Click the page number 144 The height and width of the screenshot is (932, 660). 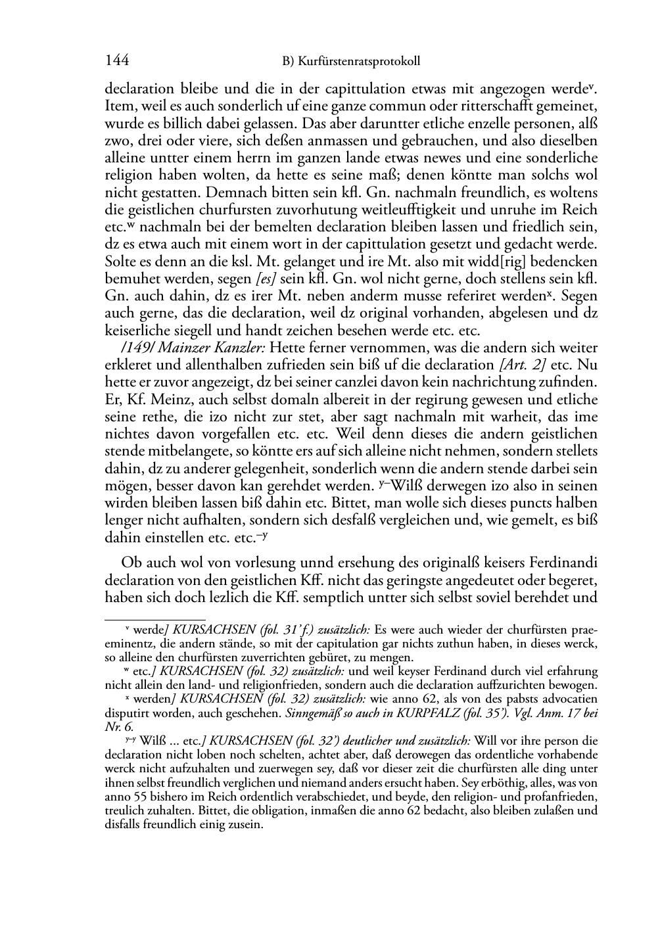[116, 61]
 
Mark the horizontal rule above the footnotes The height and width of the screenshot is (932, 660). [155, 618]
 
